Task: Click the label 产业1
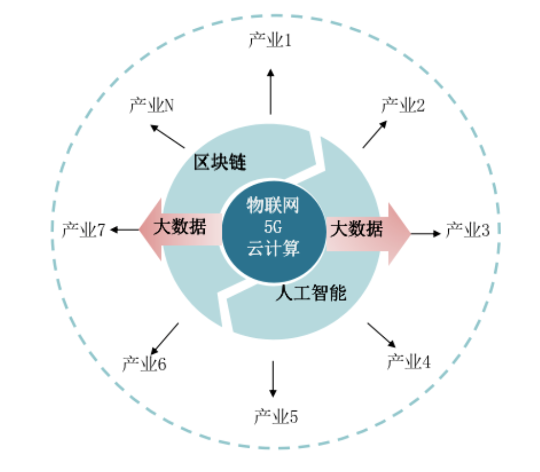[x=270, y=40]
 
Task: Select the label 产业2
[x=403, y=105]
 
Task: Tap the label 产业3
[x=467, y=230]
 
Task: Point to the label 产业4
[x=408, y=361]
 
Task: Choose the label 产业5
[x=276, y=417]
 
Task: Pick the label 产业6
[x=144, y=364]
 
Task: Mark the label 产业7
[x=84, y=230]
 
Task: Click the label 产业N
[x=151, y=105]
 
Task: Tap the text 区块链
[x=220, y=162]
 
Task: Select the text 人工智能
[x=311, y=293]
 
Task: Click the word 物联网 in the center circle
[x=273, y=205]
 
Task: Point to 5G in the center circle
[x=273, y=227]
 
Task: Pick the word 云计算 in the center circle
[x=273, y=249]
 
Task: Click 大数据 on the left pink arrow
[x=179, y=227]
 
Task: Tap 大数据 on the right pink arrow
[x=356, y=229]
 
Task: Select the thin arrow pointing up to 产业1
[x=271, y=92]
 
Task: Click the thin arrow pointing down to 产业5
[x=273, y=379]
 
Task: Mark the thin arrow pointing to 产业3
[x=426, y=233]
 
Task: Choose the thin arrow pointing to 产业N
[x=168, y=136]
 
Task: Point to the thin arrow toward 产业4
[x=382, y=335]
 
